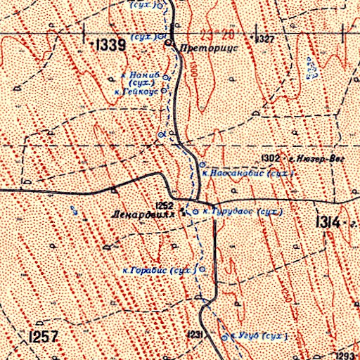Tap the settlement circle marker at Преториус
tap(169, 44)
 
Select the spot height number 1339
tap(110, 46)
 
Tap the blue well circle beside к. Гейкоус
tap(165, 91)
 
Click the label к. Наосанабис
tap(235, 172)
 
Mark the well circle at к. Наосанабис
tap(202, 164)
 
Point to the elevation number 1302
tap(271, 158)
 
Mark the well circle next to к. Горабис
tap(203, 269)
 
